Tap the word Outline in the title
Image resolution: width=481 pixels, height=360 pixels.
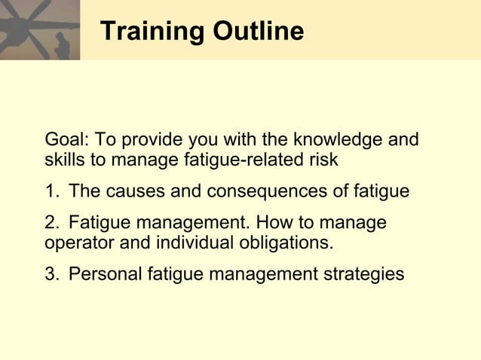click(259, 32)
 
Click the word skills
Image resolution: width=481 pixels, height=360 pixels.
click(64, 160)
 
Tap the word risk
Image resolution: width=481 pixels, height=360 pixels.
click(322, 160)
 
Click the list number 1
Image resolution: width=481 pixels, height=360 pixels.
click(51, 192)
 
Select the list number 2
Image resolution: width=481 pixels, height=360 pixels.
click(51, 224)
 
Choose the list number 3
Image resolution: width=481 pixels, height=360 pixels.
click(51, 275)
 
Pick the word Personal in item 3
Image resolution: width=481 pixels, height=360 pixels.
click(102, 275)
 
